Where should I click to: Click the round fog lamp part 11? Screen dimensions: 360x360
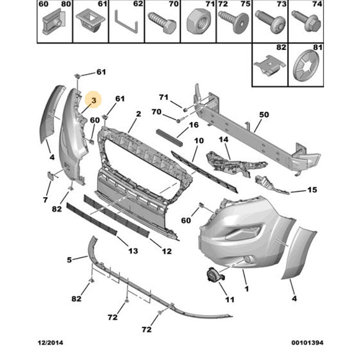212,276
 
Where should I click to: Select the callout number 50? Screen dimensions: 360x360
264,115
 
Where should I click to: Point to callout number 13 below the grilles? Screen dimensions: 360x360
133,250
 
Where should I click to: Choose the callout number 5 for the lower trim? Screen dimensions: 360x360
70,260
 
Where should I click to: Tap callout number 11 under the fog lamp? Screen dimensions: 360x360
229,299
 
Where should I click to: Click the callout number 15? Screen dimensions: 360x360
312,190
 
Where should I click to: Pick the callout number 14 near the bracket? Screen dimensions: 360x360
223,139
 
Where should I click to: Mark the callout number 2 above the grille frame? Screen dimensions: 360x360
138,114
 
